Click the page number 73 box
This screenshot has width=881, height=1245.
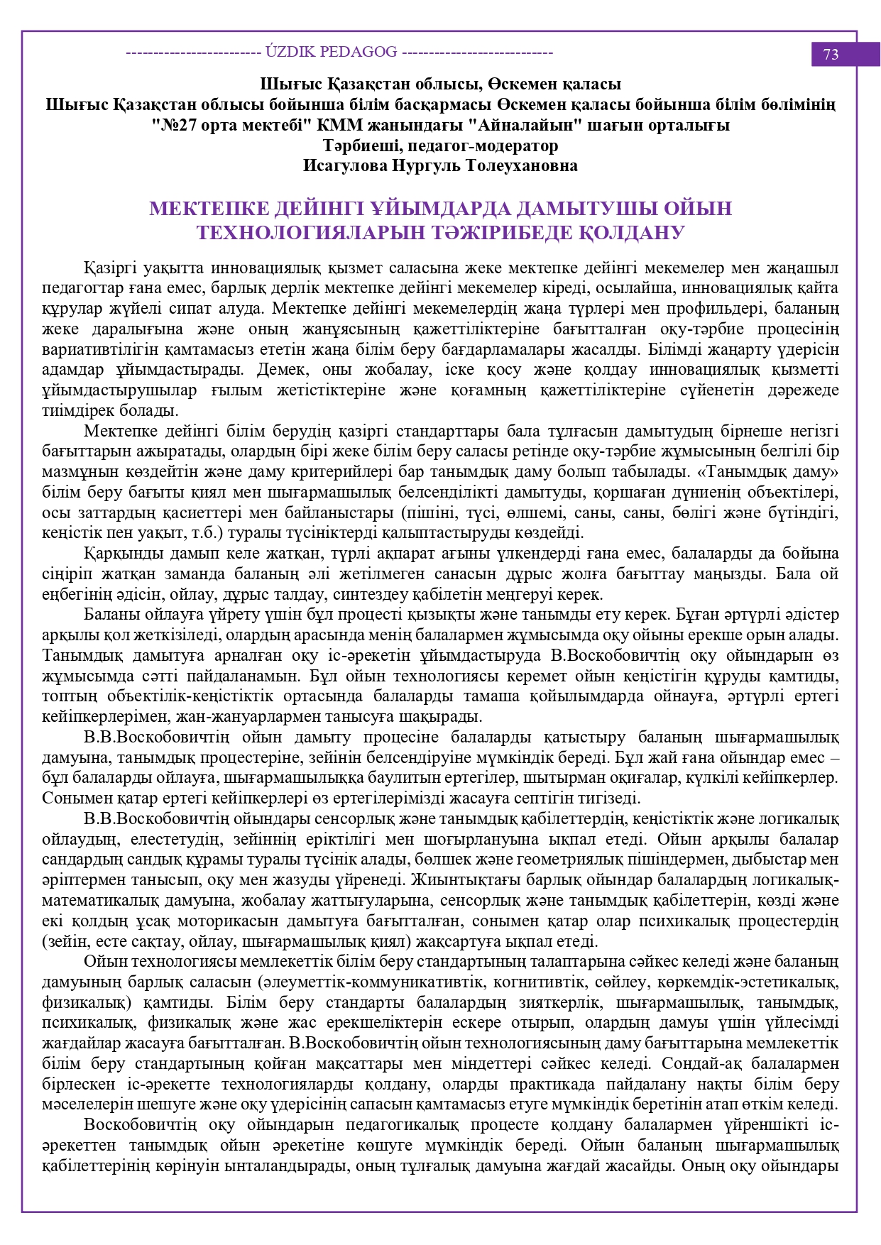(x=831, y=55)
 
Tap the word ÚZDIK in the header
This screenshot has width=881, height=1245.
(x=290, y=52)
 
